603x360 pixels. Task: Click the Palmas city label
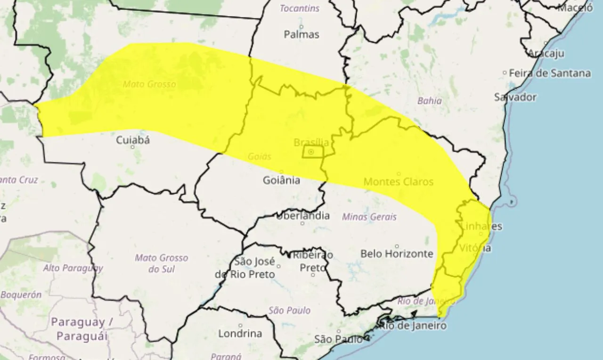(x=301, y=34)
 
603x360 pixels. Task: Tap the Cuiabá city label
(x=133, y=140)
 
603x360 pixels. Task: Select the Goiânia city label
(x=281, y=180)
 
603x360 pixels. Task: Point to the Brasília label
(x=311, y=142)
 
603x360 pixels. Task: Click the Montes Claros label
(x=399, y=181)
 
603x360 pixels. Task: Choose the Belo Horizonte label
(x=397, y=254)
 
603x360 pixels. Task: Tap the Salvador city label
(x=515, y=97)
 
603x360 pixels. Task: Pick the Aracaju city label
(x=546, y=53)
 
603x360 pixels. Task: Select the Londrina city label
(x=240, y=333)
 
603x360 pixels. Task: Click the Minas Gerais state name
(x=369, y=217)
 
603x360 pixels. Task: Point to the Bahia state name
(x=430, y=100)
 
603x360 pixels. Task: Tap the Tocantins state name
(x=300, y=8)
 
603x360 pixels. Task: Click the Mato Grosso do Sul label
(x=161, y=263)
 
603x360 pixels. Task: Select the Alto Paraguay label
(x=73, y=268)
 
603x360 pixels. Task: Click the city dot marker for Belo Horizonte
(x=397, y=246)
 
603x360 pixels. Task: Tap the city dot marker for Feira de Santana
(x=505, y=73)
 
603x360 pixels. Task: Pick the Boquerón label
(x=21, y=295)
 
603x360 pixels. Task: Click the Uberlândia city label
(x=302, y=216)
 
